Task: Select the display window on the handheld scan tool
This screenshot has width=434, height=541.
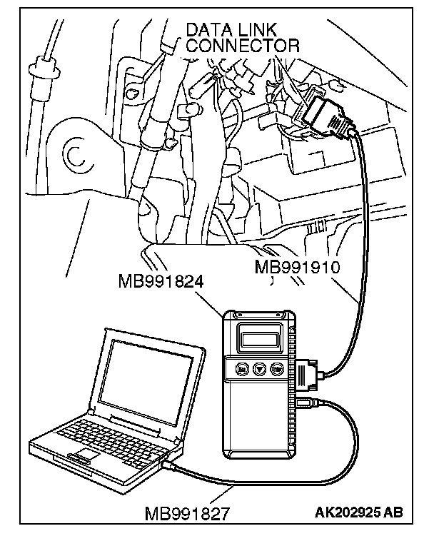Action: tap(258, 335)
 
